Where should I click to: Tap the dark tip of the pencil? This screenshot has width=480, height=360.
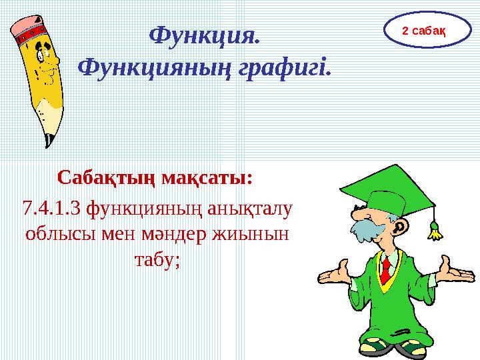pyautogui.click(x=48, y=141)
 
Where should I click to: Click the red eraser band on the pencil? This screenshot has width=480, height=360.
pyautogui.click(x=31, y=36)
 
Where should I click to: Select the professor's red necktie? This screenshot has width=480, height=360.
pyautogui.click(x=386, y=270)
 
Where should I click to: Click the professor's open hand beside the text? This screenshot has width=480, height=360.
pyautogui.click(x=333, y=274)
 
